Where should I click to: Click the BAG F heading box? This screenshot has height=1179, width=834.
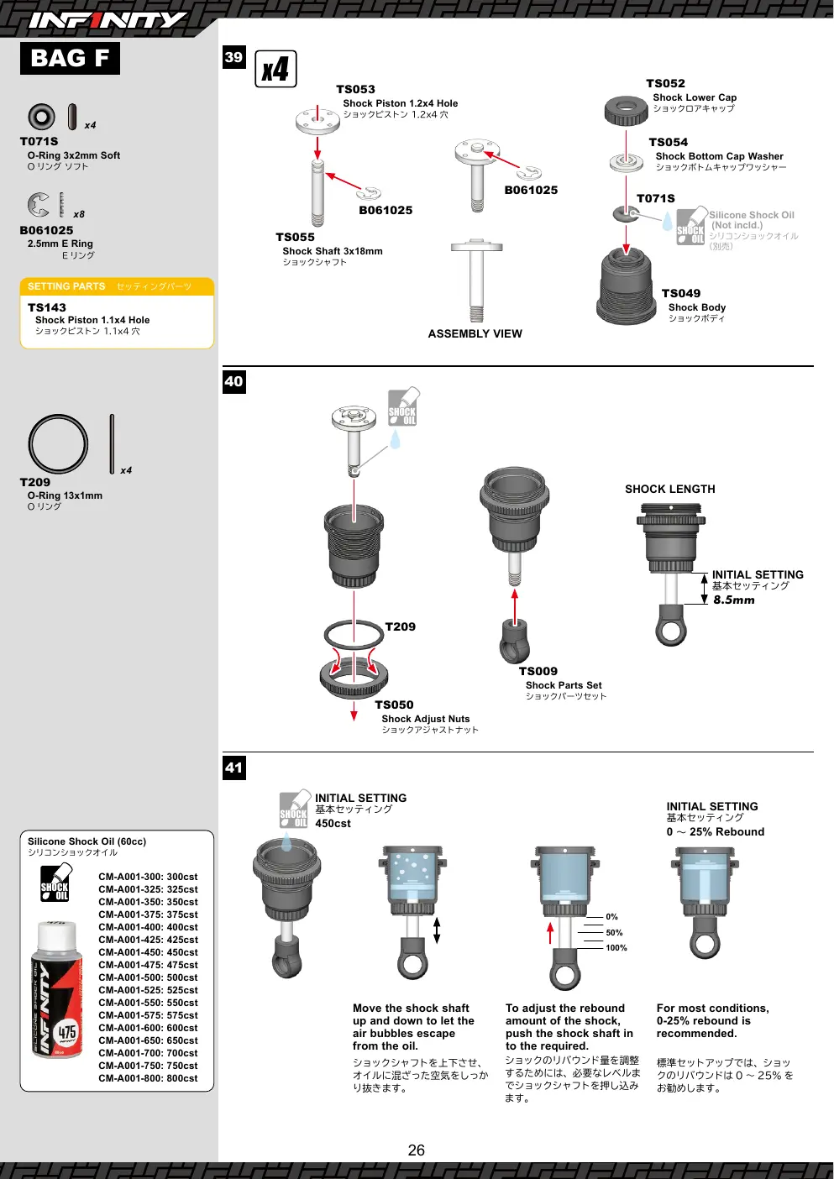[x=70, y=58]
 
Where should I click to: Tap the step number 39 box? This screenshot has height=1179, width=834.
[x=233, y=57]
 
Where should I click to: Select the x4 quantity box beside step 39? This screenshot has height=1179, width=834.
[x=275, y=68]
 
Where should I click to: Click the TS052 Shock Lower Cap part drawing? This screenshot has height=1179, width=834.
[x=626, y=110]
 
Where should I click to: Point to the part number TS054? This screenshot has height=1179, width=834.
[x=669, y=142]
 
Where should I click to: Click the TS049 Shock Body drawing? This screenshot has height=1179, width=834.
[x=626, y=286]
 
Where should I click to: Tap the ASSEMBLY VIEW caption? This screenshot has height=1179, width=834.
[x=475, y=333]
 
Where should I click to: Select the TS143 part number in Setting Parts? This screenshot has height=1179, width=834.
[x=47, y=307]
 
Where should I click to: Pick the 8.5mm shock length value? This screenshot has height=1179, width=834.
[x=733, y=600]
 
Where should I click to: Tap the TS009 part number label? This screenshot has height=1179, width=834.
[x=538, y=671]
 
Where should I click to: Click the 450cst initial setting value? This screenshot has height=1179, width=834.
[x=333, y=823]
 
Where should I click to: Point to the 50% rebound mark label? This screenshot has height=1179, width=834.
[x=614, y=932]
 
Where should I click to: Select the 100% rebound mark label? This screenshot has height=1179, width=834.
[x=616, y=947]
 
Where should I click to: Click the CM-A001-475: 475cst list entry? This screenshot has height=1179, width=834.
[x=148, y=965]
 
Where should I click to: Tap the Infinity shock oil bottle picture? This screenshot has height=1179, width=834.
[x=57, y=991]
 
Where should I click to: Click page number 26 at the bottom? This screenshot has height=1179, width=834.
[x=416, y=1150]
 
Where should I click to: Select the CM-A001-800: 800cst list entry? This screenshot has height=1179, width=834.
[x=148, y=1078]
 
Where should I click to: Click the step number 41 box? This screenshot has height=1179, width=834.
[x=233, y=768]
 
